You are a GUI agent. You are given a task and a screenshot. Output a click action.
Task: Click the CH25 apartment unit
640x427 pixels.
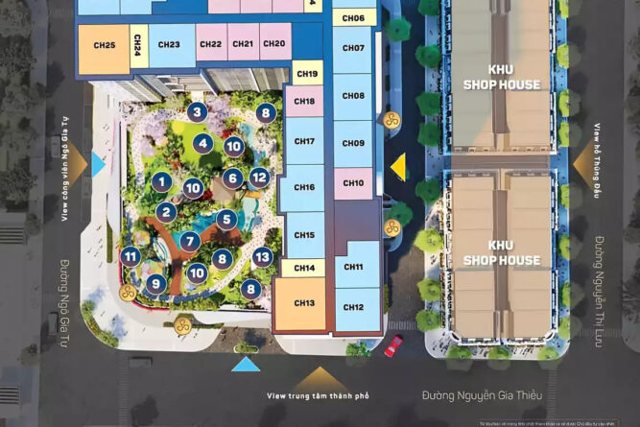tap(105, 46)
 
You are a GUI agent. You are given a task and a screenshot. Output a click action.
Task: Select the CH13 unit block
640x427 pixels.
tap(305, 304)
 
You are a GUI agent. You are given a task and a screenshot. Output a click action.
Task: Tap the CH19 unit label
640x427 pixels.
tap(307, 74)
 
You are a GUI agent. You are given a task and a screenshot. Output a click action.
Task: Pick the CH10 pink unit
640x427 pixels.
tap(353, 183)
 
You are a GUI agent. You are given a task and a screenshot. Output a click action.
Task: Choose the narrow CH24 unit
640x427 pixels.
tap(138, 45)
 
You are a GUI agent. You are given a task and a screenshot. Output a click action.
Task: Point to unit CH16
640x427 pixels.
tap(304, 188)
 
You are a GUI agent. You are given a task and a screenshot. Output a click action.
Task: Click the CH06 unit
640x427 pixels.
tap(353, 18)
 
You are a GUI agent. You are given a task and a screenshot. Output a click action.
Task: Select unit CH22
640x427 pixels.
tap(211, 44)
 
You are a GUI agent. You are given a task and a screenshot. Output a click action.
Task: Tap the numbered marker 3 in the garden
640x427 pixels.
tap(197, 112)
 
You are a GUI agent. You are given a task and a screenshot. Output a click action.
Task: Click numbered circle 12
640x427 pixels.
tap(258, 178)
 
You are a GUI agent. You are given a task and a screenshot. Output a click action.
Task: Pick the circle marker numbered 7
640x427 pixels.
tap(190, 241)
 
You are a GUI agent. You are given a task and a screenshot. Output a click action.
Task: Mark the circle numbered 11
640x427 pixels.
tap(130, 255)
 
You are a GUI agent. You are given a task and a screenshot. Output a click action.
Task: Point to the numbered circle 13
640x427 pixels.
tap(262, 256)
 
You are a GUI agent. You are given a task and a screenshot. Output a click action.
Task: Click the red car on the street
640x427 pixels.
tap(393, 345)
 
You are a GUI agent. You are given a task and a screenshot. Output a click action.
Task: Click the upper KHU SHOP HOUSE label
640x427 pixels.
tap(501, 78)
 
